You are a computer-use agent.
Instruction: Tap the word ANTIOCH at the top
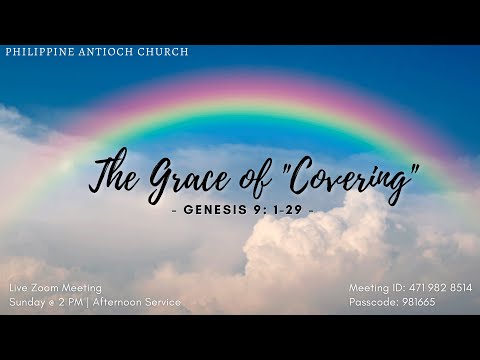tap(104, 51)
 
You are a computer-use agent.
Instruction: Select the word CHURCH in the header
tap(162, 51)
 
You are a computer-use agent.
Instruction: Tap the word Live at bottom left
tap(19, 288)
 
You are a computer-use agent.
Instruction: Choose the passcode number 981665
tap(415, 301)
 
